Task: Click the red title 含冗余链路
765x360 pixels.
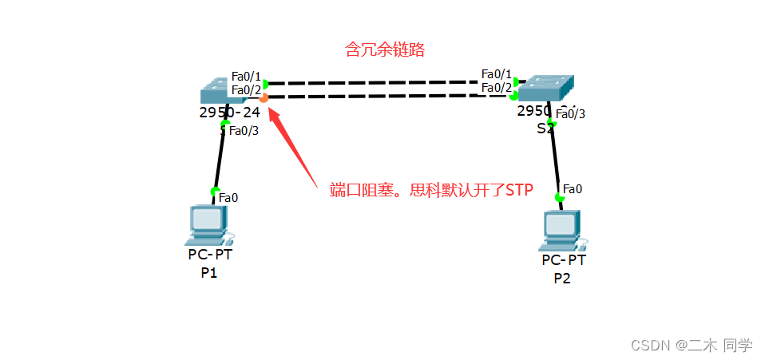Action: (x=384, y=49)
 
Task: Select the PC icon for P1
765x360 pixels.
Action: (x=208, y=225)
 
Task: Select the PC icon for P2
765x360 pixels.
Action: (x=563, y=231)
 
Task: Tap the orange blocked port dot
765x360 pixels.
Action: (x=264, y=97)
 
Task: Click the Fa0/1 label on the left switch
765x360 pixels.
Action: (x=246, y=77)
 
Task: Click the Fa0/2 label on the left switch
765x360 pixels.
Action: (x=246, y=89)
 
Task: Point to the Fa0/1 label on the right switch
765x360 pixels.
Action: (x=496, y=74)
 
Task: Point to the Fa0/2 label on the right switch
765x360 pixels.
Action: (x=496, y=87)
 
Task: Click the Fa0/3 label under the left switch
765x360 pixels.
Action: (x=244, y=131)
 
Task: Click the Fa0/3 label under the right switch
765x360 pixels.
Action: (x=570, y=113)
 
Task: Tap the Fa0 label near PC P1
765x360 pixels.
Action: (x=228, y=197)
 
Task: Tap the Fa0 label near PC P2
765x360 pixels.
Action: (x=573, y=189)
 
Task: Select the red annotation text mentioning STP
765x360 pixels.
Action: (x=431, y=191)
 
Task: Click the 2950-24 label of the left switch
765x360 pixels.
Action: (x=229, y=113)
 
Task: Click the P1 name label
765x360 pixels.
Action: (x=209, y=272)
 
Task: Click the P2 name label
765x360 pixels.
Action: (x=562, y=278)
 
